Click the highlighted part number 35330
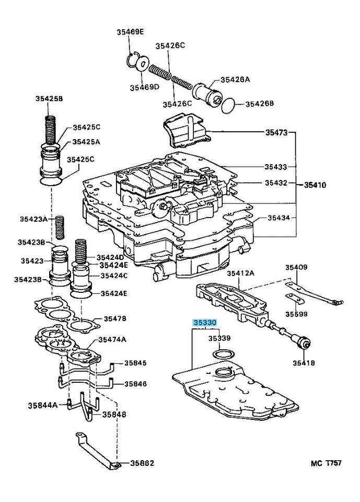(205, 324)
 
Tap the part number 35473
(275, 133)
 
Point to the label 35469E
(130, 32)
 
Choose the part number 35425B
(49, 99)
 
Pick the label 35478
(114, 318)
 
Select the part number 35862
(142, 463)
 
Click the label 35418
(304, 363)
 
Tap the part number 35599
(296, 314)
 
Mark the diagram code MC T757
(326, 463)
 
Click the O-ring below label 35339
(224, 355)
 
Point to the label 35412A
(240, 273)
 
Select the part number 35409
(296, 267)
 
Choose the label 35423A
(33, 219)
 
